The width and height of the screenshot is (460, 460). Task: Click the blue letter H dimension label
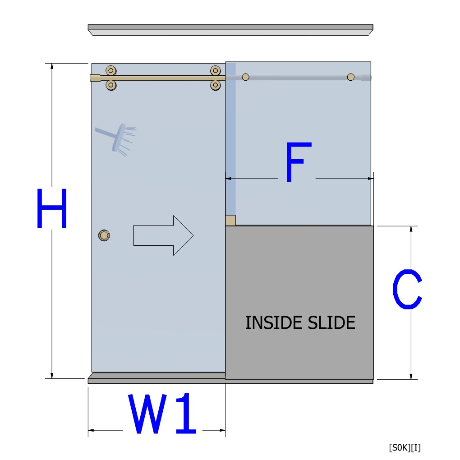tap(52, 208)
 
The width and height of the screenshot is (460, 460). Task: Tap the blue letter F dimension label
tap(299, 162)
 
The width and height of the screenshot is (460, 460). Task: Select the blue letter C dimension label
tap(407, 289)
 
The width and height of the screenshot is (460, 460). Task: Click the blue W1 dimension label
tap(162, 414)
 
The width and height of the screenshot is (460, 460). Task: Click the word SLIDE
tap(331, 323)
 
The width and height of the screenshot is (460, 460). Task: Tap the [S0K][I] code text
tap(405, 448)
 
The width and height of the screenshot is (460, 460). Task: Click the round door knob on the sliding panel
tap(104, 235)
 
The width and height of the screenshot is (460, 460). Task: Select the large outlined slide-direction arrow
tap(163, 235)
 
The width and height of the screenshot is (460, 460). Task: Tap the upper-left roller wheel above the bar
tap(111, 70)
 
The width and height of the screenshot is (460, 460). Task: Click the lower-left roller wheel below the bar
tap(111, 85)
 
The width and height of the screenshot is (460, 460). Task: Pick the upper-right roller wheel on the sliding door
tap(215, 70)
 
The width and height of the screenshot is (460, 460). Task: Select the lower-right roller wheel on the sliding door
tap(215, 85)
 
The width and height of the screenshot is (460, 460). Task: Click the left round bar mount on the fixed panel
tap(245, 77)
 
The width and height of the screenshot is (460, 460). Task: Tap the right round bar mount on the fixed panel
tap(350, 77)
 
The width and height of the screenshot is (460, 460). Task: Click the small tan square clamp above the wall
tap(230, 221)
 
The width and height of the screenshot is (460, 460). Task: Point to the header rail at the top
tap(230, 30)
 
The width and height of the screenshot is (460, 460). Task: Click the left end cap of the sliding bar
tap(95, 78)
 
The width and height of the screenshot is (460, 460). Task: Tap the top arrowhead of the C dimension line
tap(411, 229)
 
